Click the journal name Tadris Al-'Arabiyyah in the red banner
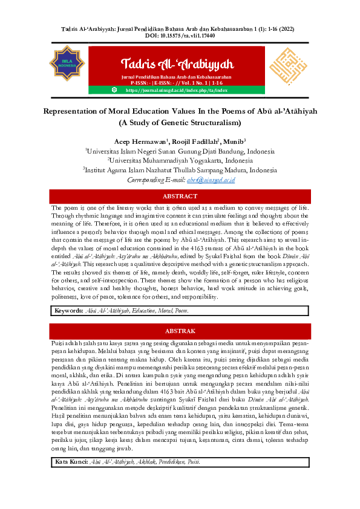pyautogui.click(x=177, y=63)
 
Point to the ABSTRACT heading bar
pyautogui.click(x=180, y=196)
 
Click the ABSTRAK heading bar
pyautogui.click(x=180, y=331)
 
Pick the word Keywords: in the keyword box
pyautogui.click(x=68, y=310)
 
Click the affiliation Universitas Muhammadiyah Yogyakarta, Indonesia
pyautogui.click(x=180, y=161)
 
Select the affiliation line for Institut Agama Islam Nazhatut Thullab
pyautogui.click(x=180, y=170)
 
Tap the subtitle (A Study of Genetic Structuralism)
pyautogui.click(x=180, y=123)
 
